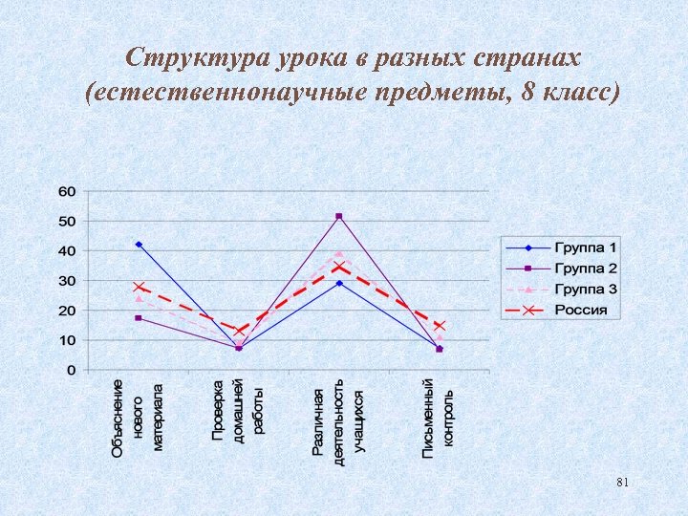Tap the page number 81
click(x=623, y=483)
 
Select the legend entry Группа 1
click(x=586, y=248)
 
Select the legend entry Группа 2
click(x=586, y=269)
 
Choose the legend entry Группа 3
click(x=586, y=289)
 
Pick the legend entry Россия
click(x=582, y=310)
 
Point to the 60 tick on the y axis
click(x=67, y=191)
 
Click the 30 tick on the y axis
click(x=67, y=281)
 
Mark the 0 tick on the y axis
click(x=71, y=370)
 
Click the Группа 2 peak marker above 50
click(x=338, y=216)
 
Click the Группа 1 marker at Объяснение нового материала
click(x=139, y=245)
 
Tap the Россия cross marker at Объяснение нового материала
click(x=139, y=287)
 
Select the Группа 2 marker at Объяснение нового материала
click(x=139, y=317)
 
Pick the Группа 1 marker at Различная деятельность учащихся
click(x=338, y=283)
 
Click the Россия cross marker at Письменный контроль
click(x=440, y=326)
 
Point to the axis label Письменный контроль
click(x=439, y=416)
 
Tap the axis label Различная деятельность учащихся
click(x=338, y=420)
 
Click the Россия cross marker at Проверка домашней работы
click(x=239, y=332)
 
